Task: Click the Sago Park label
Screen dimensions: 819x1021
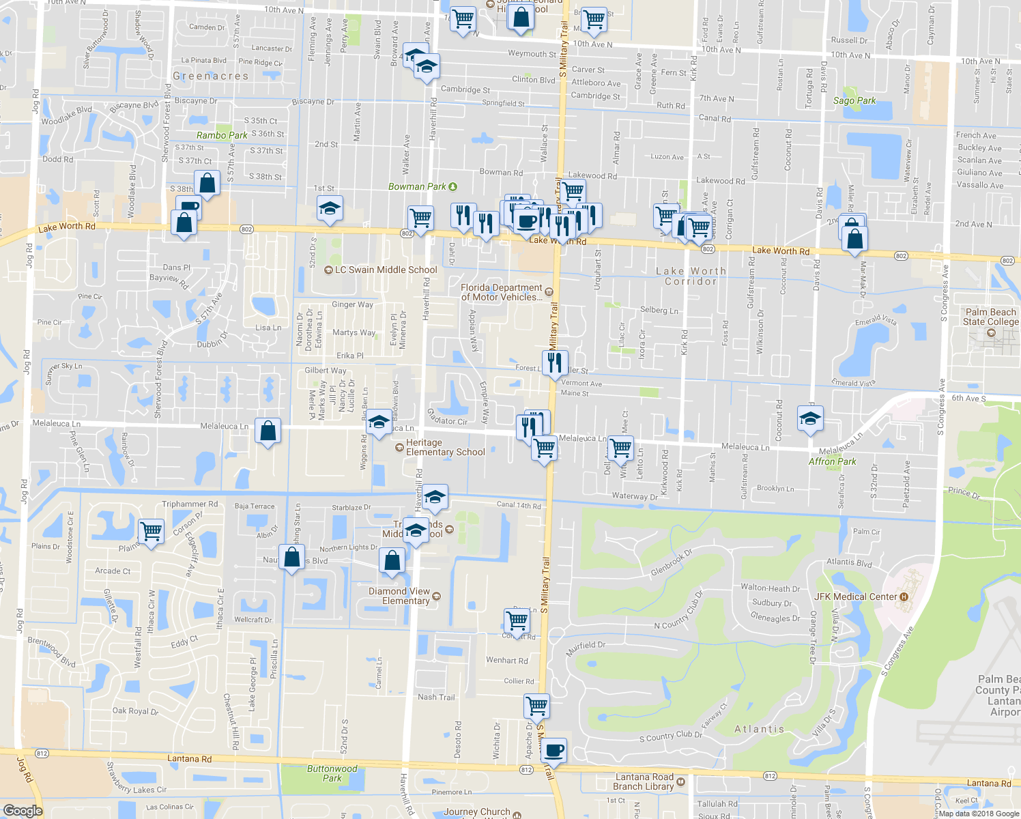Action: (x=854, y=100)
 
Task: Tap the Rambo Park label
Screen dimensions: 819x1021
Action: (x=222, y=135)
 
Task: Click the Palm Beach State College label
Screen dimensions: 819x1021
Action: (x=990, y=317)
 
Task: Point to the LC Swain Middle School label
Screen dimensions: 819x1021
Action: (x=386, y=270)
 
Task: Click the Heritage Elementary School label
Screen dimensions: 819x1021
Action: (x=445, y=447)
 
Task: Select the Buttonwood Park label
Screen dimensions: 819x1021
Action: (x=332, y=773)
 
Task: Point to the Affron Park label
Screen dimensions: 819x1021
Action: (x=832, y=461)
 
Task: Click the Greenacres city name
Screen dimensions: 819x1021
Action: (x=210, y=76)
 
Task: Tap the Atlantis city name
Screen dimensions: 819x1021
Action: (x=759, y=729)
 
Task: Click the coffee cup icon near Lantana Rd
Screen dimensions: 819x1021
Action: (x=553, y=751)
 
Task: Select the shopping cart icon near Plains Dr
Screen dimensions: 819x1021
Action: (x=151, y=530)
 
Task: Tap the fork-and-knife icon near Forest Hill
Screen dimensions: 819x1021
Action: (x=555, y=362)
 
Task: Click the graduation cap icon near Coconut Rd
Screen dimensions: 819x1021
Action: (x=809, y=418)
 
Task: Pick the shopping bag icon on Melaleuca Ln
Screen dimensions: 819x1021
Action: (x=268, y=431)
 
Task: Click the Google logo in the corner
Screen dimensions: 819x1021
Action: (x=23, y=810)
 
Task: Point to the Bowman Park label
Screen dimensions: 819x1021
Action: (x=417, y=186)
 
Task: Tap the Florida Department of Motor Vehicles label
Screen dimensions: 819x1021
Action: (x=502, y=292)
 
